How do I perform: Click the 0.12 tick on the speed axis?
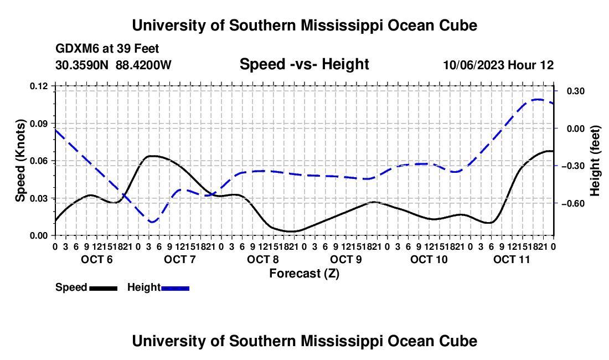click(x=38, y=86)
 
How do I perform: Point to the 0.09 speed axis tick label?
click(x=38, y=124)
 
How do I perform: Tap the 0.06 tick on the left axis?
click(x=38, y=161)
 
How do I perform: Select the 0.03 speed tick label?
click(x=38, y=198)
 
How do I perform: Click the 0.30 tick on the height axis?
click(x=576, y=91)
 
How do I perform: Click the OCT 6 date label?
click(x=97, y=259)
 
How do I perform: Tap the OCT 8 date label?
click(x=263, y=259)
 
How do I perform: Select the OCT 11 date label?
click(x=512, y=259)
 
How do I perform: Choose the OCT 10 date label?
click(x=429, y=259)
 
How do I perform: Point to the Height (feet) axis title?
click(x=595, y=161)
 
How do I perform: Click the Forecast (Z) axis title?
click(x=304, y=274)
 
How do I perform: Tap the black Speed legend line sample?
click(x=104, y=288)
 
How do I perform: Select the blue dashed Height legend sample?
click(x=175, y=288)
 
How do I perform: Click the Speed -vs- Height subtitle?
click(x=304, y=64)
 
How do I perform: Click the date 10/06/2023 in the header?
click(x=474, y=65)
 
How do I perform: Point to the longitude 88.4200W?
click(x=143, y=65)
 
